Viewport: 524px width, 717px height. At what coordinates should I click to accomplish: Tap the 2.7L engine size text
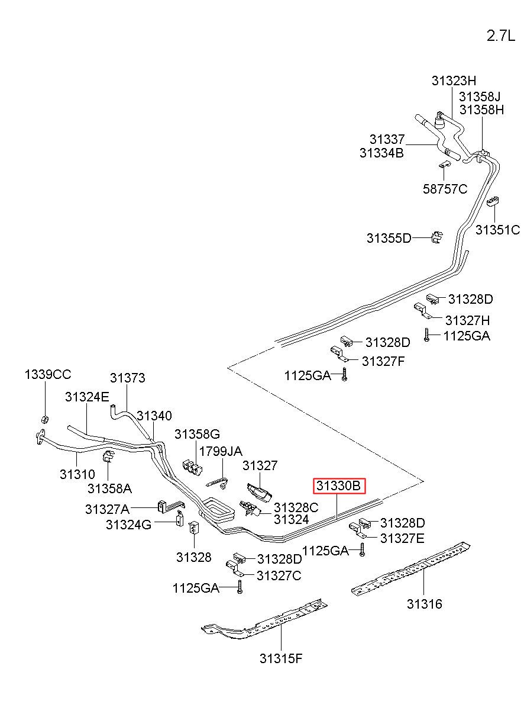501,36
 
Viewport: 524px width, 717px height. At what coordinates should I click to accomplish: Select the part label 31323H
454,81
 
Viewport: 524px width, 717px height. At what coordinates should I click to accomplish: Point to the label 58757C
445,189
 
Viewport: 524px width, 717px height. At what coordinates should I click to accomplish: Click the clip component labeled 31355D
436,237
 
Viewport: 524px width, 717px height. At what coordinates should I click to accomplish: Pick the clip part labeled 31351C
493,202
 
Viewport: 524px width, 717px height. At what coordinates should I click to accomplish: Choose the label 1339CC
48,374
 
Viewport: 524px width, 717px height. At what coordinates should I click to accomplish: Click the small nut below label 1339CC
45,419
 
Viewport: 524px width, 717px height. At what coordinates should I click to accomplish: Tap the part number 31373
127,378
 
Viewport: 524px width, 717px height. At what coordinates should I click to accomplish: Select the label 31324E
87,397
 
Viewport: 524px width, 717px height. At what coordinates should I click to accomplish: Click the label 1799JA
221,451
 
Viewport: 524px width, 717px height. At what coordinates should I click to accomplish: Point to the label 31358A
109,488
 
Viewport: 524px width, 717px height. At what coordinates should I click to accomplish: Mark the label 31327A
107,509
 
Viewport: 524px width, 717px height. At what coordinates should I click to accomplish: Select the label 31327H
467,320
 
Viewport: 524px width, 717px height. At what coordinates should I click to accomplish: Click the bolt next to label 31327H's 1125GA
426,335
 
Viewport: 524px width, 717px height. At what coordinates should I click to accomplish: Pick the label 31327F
383,361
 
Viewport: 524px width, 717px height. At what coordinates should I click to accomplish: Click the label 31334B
381,153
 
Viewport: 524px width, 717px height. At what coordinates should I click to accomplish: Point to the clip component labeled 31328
194,528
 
